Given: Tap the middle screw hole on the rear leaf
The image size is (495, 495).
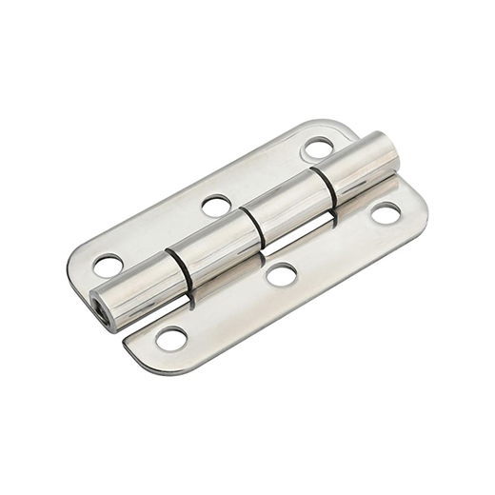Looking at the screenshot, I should point(216,205).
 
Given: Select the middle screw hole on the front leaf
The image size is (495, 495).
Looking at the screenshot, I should point(280,275).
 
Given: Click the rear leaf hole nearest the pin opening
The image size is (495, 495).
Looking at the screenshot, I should point(108,265).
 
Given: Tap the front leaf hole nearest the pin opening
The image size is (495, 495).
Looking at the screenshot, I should point(171,337).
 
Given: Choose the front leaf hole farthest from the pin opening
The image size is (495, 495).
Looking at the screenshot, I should point(386,213).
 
